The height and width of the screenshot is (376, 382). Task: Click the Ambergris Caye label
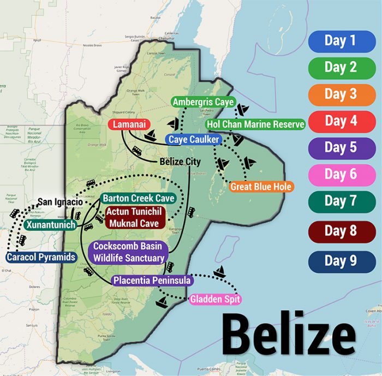[x=202, y=102]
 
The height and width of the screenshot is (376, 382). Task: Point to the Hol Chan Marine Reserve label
[x=255, y=125]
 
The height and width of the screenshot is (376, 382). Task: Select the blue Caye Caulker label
[x=194, y=140]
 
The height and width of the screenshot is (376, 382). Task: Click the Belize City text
[x=180, y=162]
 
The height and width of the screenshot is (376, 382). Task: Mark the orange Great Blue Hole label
[x=261, y=187]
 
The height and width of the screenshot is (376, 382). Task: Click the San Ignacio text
[x=60, y=202]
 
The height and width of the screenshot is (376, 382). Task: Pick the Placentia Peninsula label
[x=152, y=280]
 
